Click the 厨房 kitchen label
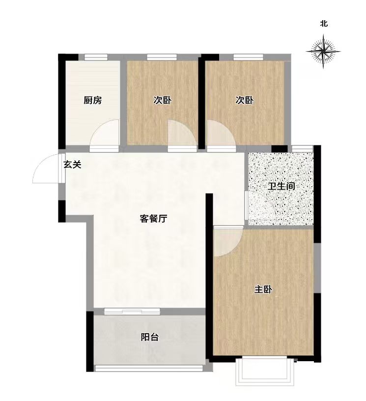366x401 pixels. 92,100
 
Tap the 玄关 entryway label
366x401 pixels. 72,165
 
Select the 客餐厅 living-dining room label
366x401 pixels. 153,218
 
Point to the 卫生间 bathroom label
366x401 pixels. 282,186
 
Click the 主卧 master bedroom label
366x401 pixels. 263,289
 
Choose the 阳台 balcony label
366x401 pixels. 149,337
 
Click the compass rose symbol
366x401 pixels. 323,52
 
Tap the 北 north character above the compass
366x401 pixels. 324,24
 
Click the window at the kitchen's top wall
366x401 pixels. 96,57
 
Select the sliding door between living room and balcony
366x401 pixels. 132,311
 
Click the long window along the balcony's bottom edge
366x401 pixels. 149,368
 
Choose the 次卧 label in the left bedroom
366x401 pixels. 162,100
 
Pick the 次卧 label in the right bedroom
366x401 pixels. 244,100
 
